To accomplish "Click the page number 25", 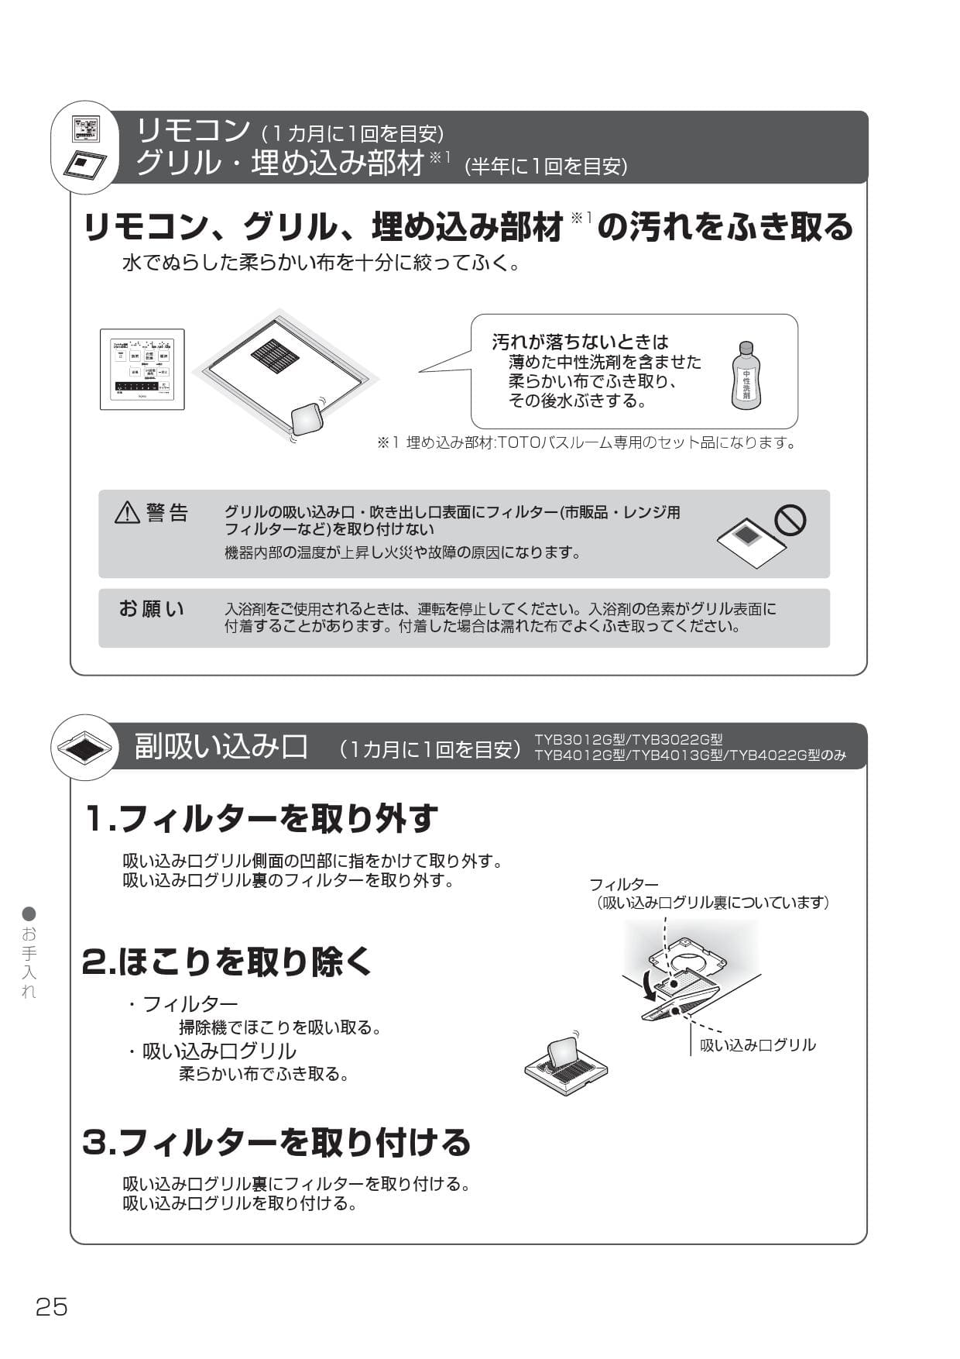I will point(52,1307).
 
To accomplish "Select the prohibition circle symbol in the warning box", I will point(790,521).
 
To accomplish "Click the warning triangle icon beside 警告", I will point(127,513).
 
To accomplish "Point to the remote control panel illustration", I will point(142,370).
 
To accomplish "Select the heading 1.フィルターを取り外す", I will point(262,818).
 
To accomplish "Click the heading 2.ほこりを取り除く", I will point(228,962).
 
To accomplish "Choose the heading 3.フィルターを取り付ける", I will point(276,1142).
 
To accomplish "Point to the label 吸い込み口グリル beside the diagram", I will point(757,1045).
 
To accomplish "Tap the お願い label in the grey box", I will point(152,609).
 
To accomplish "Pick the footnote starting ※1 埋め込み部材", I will point(586,443).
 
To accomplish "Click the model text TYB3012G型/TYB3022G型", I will point(628,739).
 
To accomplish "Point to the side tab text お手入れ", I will point(29,961).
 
